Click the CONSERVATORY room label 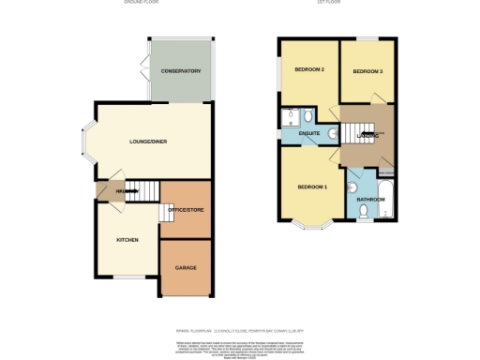[181, 72]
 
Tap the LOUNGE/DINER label [148, 142]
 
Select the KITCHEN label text [127, 240]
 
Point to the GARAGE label [186, 267]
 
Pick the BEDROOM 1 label [312, 187]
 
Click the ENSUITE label [309, 134]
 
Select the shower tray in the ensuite [288, 116]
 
